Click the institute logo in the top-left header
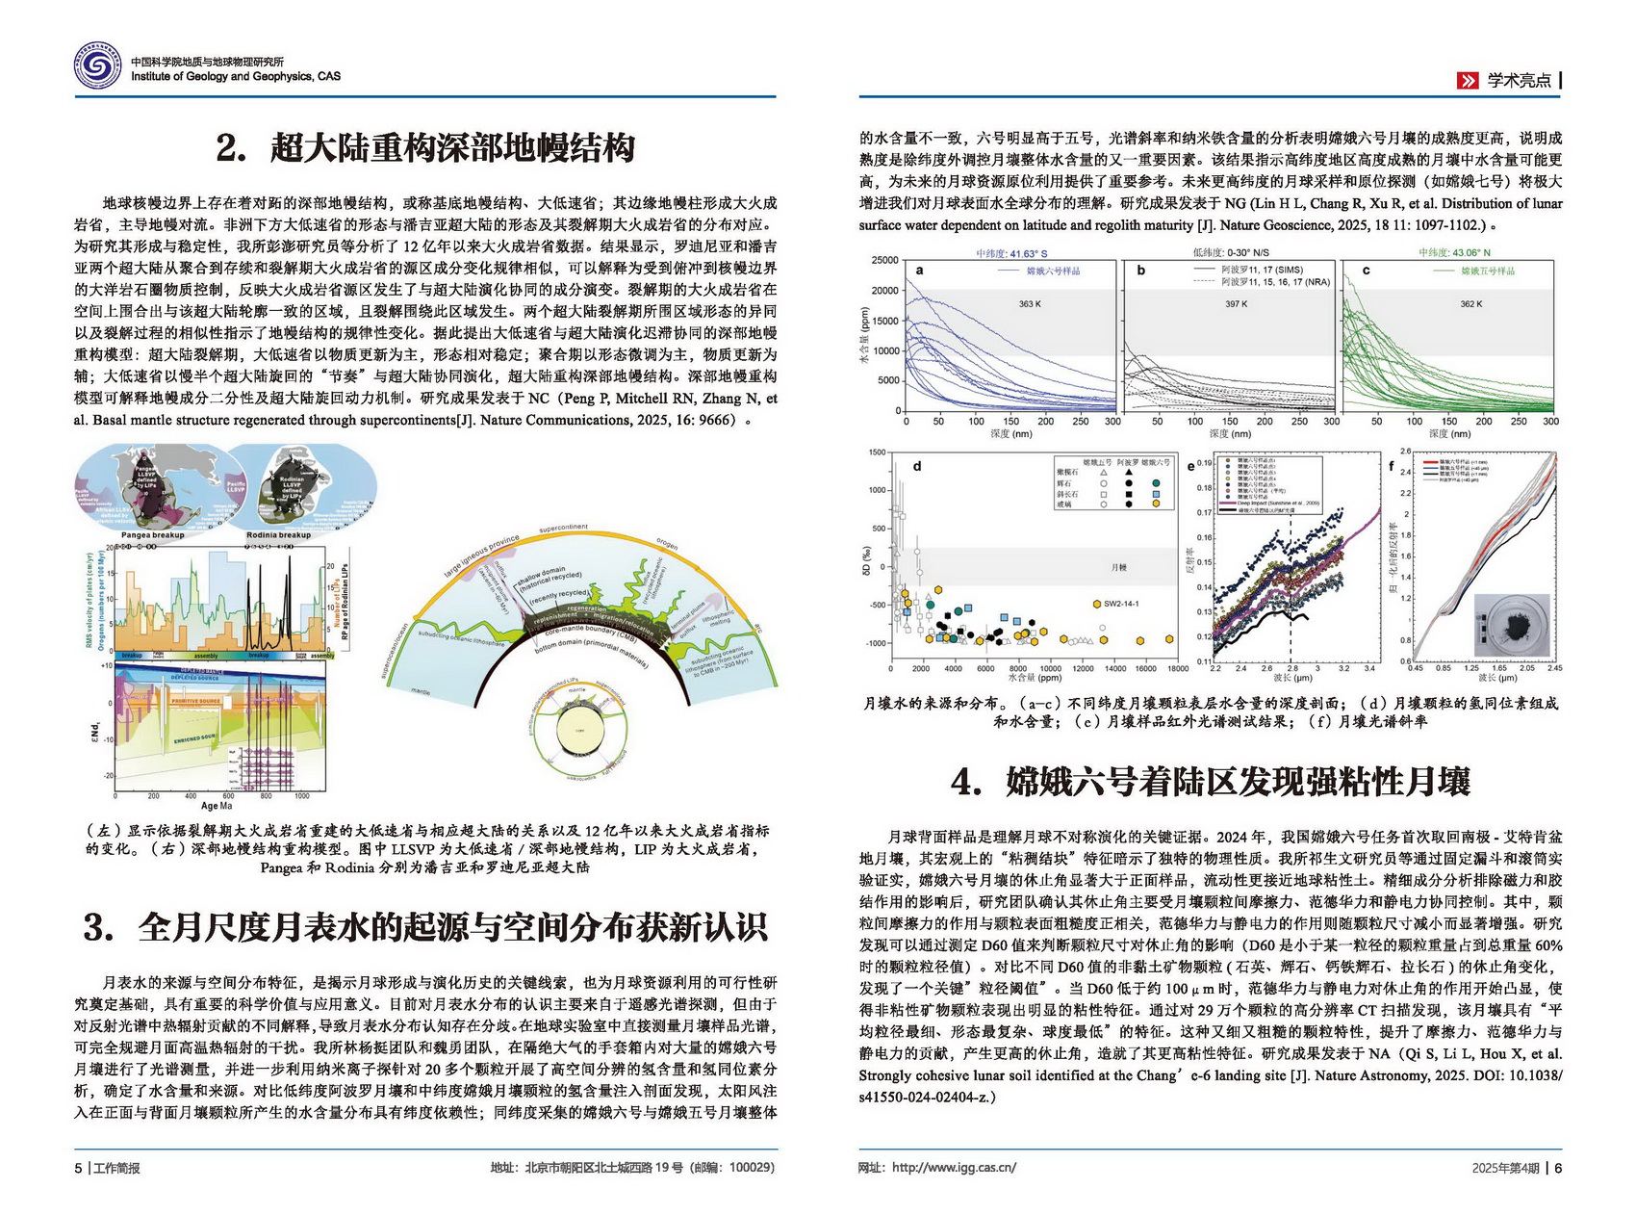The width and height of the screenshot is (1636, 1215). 98,67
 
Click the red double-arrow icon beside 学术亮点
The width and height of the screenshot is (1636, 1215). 1467,81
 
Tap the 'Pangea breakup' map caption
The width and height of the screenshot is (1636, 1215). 152,535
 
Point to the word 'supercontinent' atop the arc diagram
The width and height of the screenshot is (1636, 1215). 563,528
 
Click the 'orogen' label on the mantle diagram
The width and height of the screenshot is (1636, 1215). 667,544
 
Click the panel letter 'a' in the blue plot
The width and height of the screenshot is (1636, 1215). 919,271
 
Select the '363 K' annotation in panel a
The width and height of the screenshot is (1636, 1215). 1030,304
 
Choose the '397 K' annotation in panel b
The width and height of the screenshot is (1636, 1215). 1236,304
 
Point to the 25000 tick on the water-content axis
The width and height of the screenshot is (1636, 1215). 884,261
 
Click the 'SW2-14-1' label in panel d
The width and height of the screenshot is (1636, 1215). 1121,604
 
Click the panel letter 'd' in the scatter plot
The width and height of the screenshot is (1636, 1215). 916,466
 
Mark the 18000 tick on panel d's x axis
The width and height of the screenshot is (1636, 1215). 1177,668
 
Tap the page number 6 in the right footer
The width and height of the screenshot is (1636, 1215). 1558,1168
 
